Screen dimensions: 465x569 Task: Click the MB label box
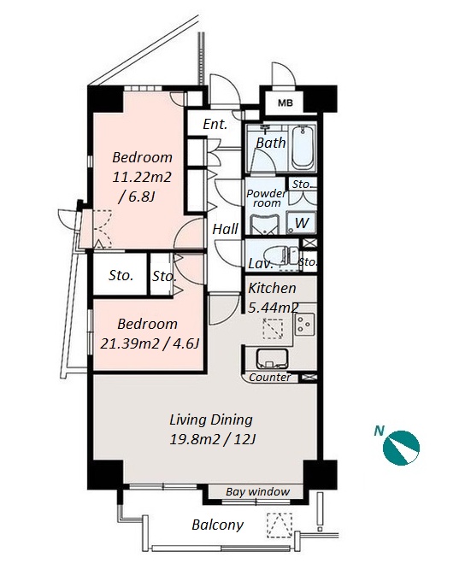tap(285, 103)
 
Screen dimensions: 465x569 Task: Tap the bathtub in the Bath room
tap(303, 148)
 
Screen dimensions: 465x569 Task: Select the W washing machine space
tap(301, 222)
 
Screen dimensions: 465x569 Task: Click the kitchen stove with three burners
tap(304, 324)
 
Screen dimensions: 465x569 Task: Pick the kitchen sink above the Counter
tap(273, 358)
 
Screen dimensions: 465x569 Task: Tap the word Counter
tap(270, 378)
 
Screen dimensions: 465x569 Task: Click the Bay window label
tap(257, 492)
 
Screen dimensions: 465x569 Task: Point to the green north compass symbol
tap(401, 448)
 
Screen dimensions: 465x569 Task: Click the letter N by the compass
tap(380, 431)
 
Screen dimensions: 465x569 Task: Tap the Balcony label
tap(217, 525)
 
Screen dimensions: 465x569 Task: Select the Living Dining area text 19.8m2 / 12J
tap(213, 440)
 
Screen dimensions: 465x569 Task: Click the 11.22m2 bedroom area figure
tap(142, 178)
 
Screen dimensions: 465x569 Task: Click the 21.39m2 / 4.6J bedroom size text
tap(150, 343)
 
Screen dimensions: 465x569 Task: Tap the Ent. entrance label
tap(215, 125)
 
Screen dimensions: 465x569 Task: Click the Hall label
tap(225, 229)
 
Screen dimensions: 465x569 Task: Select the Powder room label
tap(267, 198)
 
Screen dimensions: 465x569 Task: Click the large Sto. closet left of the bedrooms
tap(121, 275)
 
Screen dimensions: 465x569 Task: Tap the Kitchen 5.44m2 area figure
tap(273, 308)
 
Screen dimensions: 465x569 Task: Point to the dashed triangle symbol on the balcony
tap(280, 525)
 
